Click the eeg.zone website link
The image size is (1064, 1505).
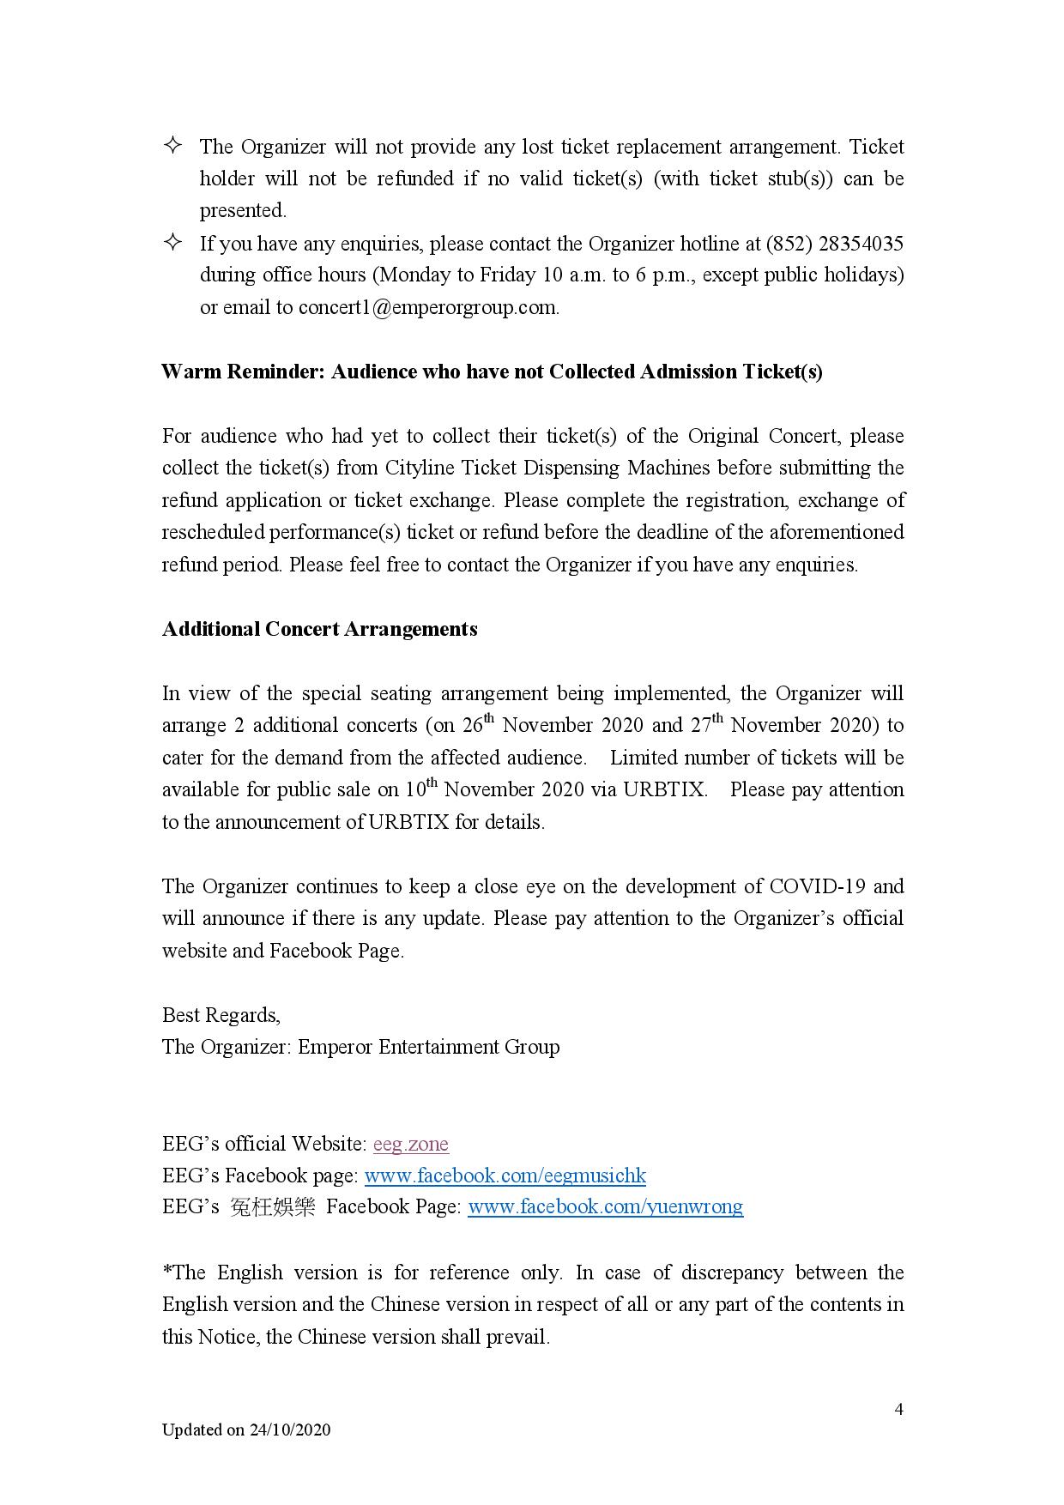(410, 1144)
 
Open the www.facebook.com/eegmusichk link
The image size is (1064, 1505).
(505, 1176)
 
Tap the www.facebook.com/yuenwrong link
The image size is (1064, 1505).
(605, 1207)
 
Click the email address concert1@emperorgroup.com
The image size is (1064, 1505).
(427, 308)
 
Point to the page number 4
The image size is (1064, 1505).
(898, 1409)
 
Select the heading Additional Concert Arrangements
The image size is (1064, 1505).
(319, 629)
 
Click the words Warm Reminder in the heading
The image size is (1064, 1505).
(242, 372)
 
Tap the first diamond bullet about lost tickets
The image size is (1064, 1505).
(172, 145)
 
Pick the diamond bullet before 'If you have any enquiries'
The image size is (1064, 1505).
(172, 242)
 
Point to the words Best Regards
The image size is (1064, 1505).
(221, 1015)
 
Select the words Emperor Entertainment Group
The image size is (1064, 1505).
(428, 1047)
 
